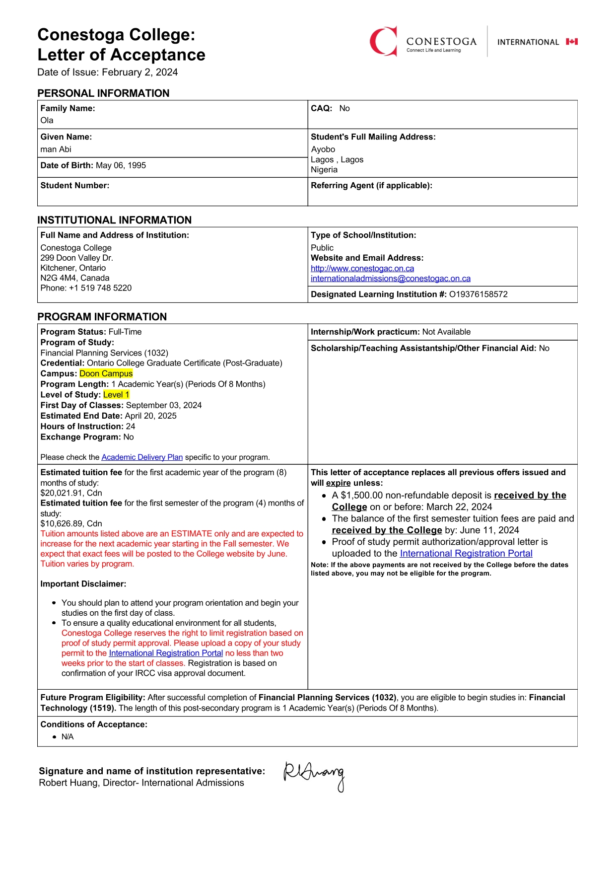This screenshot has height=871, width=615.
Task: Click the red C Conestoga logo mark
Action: click(x=383, y=41)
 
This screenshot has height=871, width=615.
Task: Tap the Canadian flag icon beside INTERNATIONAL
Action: click(x=572, y=42)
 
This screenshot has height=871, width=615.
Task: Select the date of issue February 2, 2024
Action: click(x=140, y=73)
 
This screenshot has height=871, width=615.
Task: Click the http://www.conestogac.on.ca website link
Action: click(x=362, y=268)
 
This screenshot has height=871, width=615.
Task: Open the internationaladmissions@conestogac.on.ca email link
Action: click(x=390, y=279)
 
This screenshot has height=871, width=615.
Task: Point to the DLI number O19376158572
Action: click(x=478, y=294)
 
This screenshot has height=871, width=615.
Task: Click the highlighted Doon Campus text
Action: click(x=106, y=373)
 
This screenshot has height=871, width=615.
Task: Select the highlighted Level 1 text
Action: click(x=116, y=395)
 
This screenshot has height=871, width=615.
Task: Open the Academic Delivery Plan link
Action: click(x=142, y=457)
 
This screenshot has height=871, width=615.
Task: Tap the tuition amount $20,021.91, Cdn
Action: click(x=71, y=493)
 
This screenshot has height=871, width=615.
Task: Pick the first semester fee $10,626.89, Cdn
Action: click(x=71, y=523)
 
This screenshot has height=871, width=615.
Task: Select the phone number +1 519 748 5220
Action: click(x=100, y=288)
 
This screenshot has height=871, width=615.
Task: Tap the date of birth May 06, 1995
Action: click(x=121, y=165)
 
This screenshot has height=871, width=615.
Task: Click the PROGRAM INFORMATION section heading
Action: click(x=102, y=317)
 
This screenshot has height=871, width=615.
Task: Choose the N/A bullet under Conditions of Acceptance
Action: click(x=68, y=737)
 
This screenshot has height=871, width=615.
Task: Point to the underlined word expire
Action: click(x=338, y=483)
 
